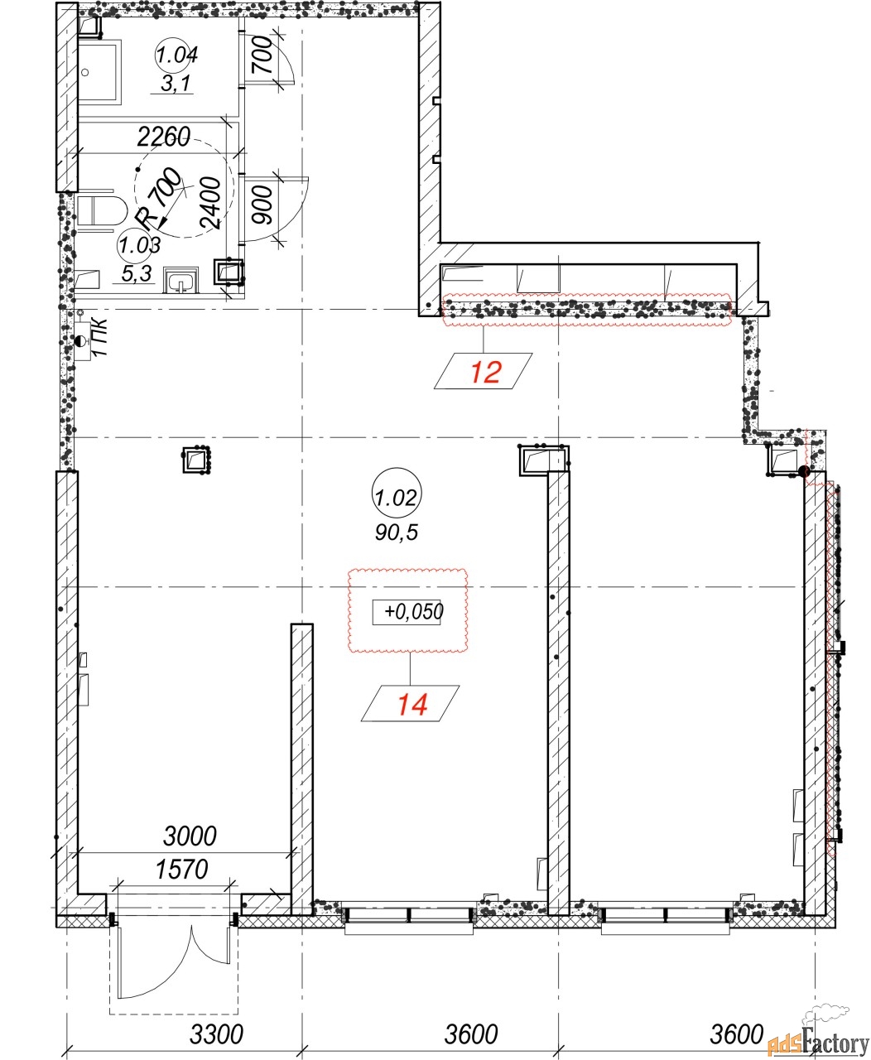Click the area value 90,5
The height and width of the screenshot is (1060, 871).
(x=397, y=532)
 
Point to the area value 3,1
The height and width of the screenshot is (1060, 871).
(x=176, y=83)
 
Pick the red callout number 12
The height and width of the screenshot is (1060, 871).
(x=485, y=373)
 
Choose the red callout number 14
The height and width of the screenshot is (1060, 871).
(x=412, y=706)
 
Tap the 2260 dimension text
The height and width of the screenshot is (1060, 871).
(x=164, y=137)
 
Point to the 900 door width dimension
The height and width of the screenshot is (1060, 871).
(x=262, y=205)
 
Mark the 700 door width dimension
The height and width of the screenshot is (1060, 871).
(x=262, y=55)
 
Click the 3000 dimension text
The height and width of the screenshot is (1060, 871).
(x=190, y=836)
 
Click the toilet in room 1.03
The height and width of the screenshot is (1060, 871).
(x=102, y=210)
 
